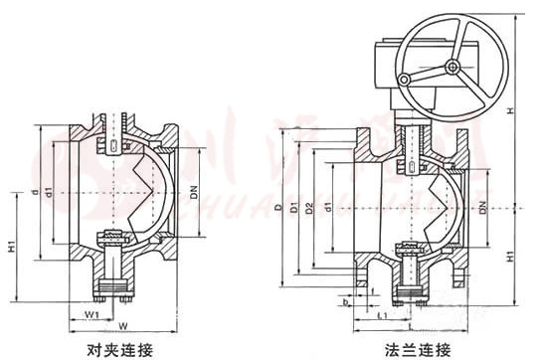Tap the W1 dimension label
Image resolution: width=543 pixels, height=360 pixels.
coord(90,315)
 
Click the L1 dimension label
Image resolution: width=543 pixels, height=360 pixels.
coord(382,315)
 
